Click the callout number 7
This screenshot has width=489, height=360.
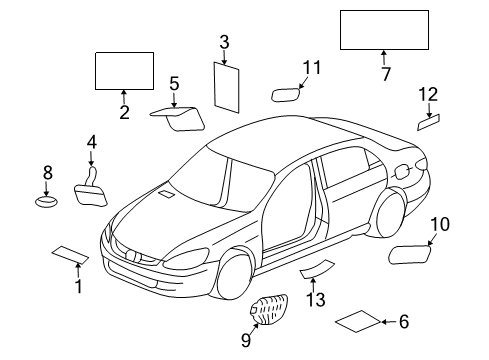tap(386, 72)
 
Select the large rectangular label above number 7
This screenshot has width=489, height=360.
tap(385, 29)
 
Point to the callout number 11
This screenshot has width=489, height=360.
tap(313, 67)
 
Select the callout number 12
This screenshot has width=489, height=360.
tap(428, 94)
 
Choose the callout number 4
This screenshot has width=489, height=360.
tap(91, 142)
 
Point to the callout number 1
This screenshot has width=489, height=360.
tap(78, 287)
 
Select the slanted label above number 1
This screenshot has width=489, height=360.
tap(70, 255)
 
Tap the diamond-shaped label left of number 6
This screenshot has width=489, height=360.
tap(357, 322)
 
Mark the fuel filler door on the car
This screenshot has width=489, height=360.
tap(402, 171)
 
